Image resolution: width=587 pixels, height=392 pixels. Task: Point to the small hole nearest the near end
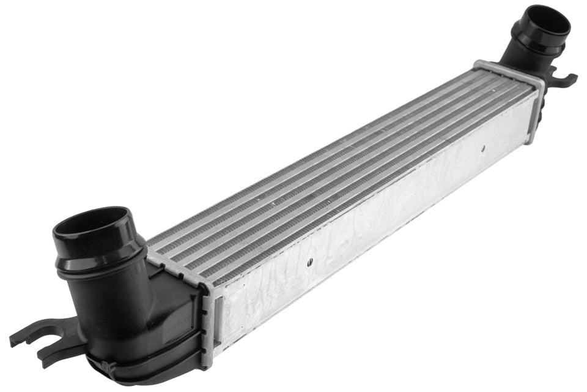click(x=310, y=262)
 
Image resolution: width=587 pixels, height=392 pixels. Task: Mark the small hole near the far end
click(x=482, y=147)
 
